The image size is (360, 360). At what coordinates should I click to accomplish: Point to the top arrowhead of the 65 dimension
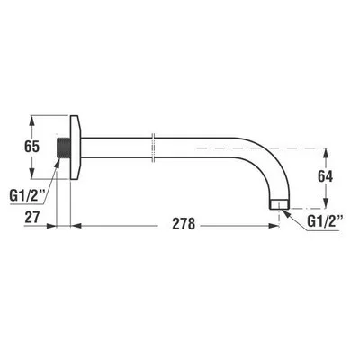[32, 117]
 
